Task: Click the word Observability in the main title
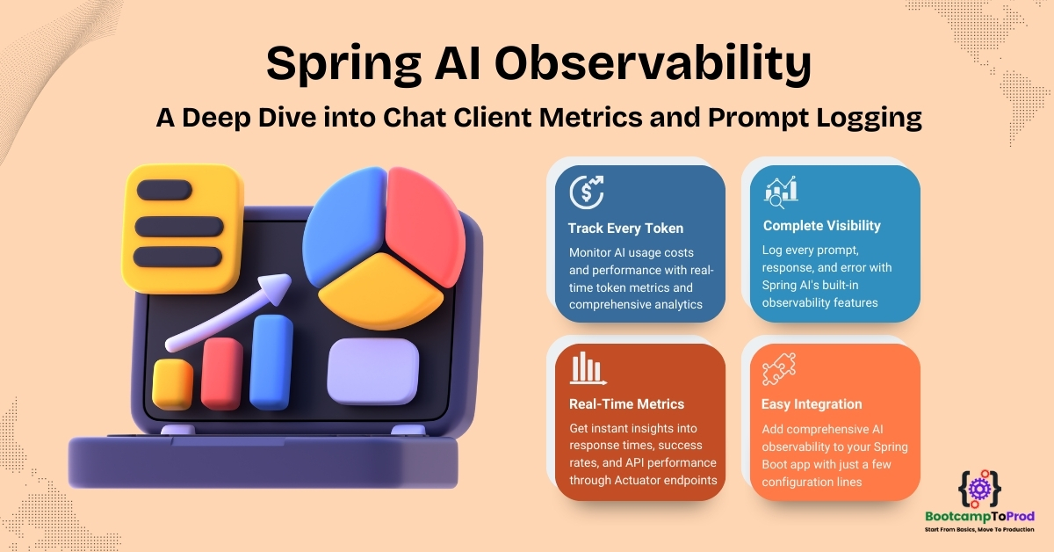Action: coord(653,64)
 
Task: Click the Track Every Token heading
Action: coord(625,229)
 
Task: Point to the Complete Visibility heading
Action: coord(821,226)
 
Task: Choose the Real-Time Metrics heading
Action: coord(626,404)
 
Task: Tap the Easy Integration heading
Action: coord(812,404)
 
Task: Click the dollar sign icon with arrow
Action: coord(587,192)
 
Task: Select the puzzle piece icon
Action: coord(779,369)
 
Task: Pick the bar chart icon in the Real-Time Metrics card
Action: coord(588,367)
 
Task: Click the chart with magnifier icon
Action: coord(781,192)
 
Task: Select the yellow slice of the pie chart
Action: coord(380,291)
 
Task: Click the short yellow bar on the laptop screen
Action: coord(172,384)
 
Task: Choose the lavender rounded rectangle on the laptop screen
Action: coord(372,372)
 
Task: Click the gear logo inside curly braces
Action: coord(979,489)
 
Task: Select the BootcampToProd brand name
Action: coord(979,517)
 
